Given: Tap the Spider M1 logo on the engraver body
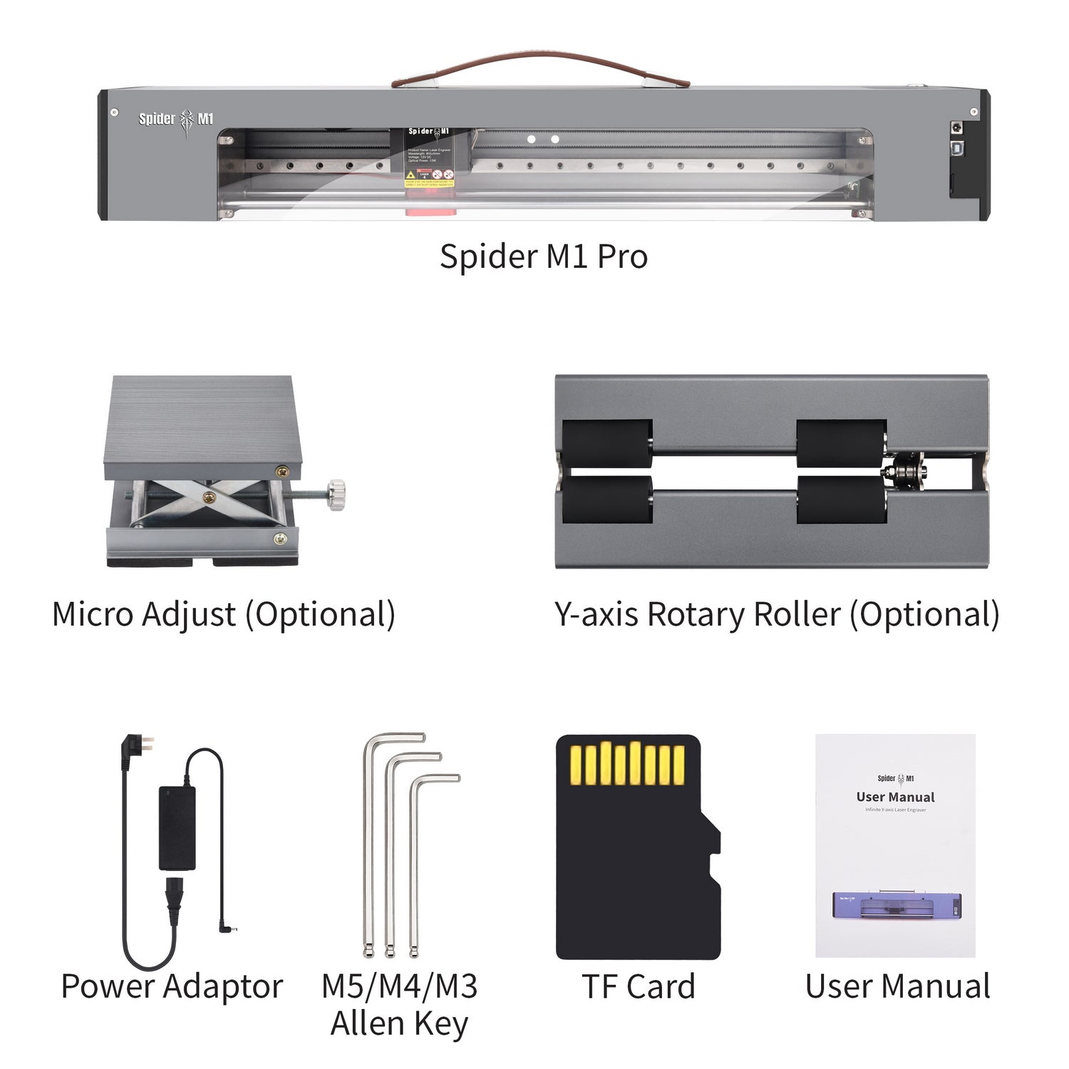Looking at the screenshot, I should (x=176, y=120).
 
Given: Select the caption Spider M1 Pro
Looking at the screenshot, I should (x=543, y=257).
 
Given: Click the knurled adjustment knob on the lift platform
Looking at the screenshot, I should (x=336, y=493).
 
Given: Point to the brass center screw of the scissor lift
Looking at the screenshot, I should (x=209, y=497).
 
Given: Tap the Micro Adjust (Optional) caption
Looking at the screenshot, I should (x=224, y=614).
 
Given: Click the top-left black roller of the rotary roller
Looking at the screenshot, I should (x=607, y=443).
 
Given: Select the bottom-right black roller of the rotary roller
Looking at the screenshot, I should (x=841, y=500).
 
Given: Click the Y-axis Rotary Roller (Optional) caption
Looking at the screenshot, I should (x=777, y=614).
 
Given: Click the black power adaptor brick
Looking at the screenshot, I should (x=177, y=827).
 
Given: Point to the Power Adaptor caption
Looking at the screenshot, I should (x=172, y=986).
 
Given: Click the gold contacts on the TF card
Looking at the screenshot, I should (x=628, y=764).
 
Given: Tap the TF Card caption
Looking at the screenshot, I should (x=638, y=986).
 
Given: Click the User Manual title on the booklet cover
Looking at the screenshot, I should (x=895, y=797).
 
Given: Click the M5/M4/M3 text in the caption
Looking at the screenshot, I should (x=399, y=986).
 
